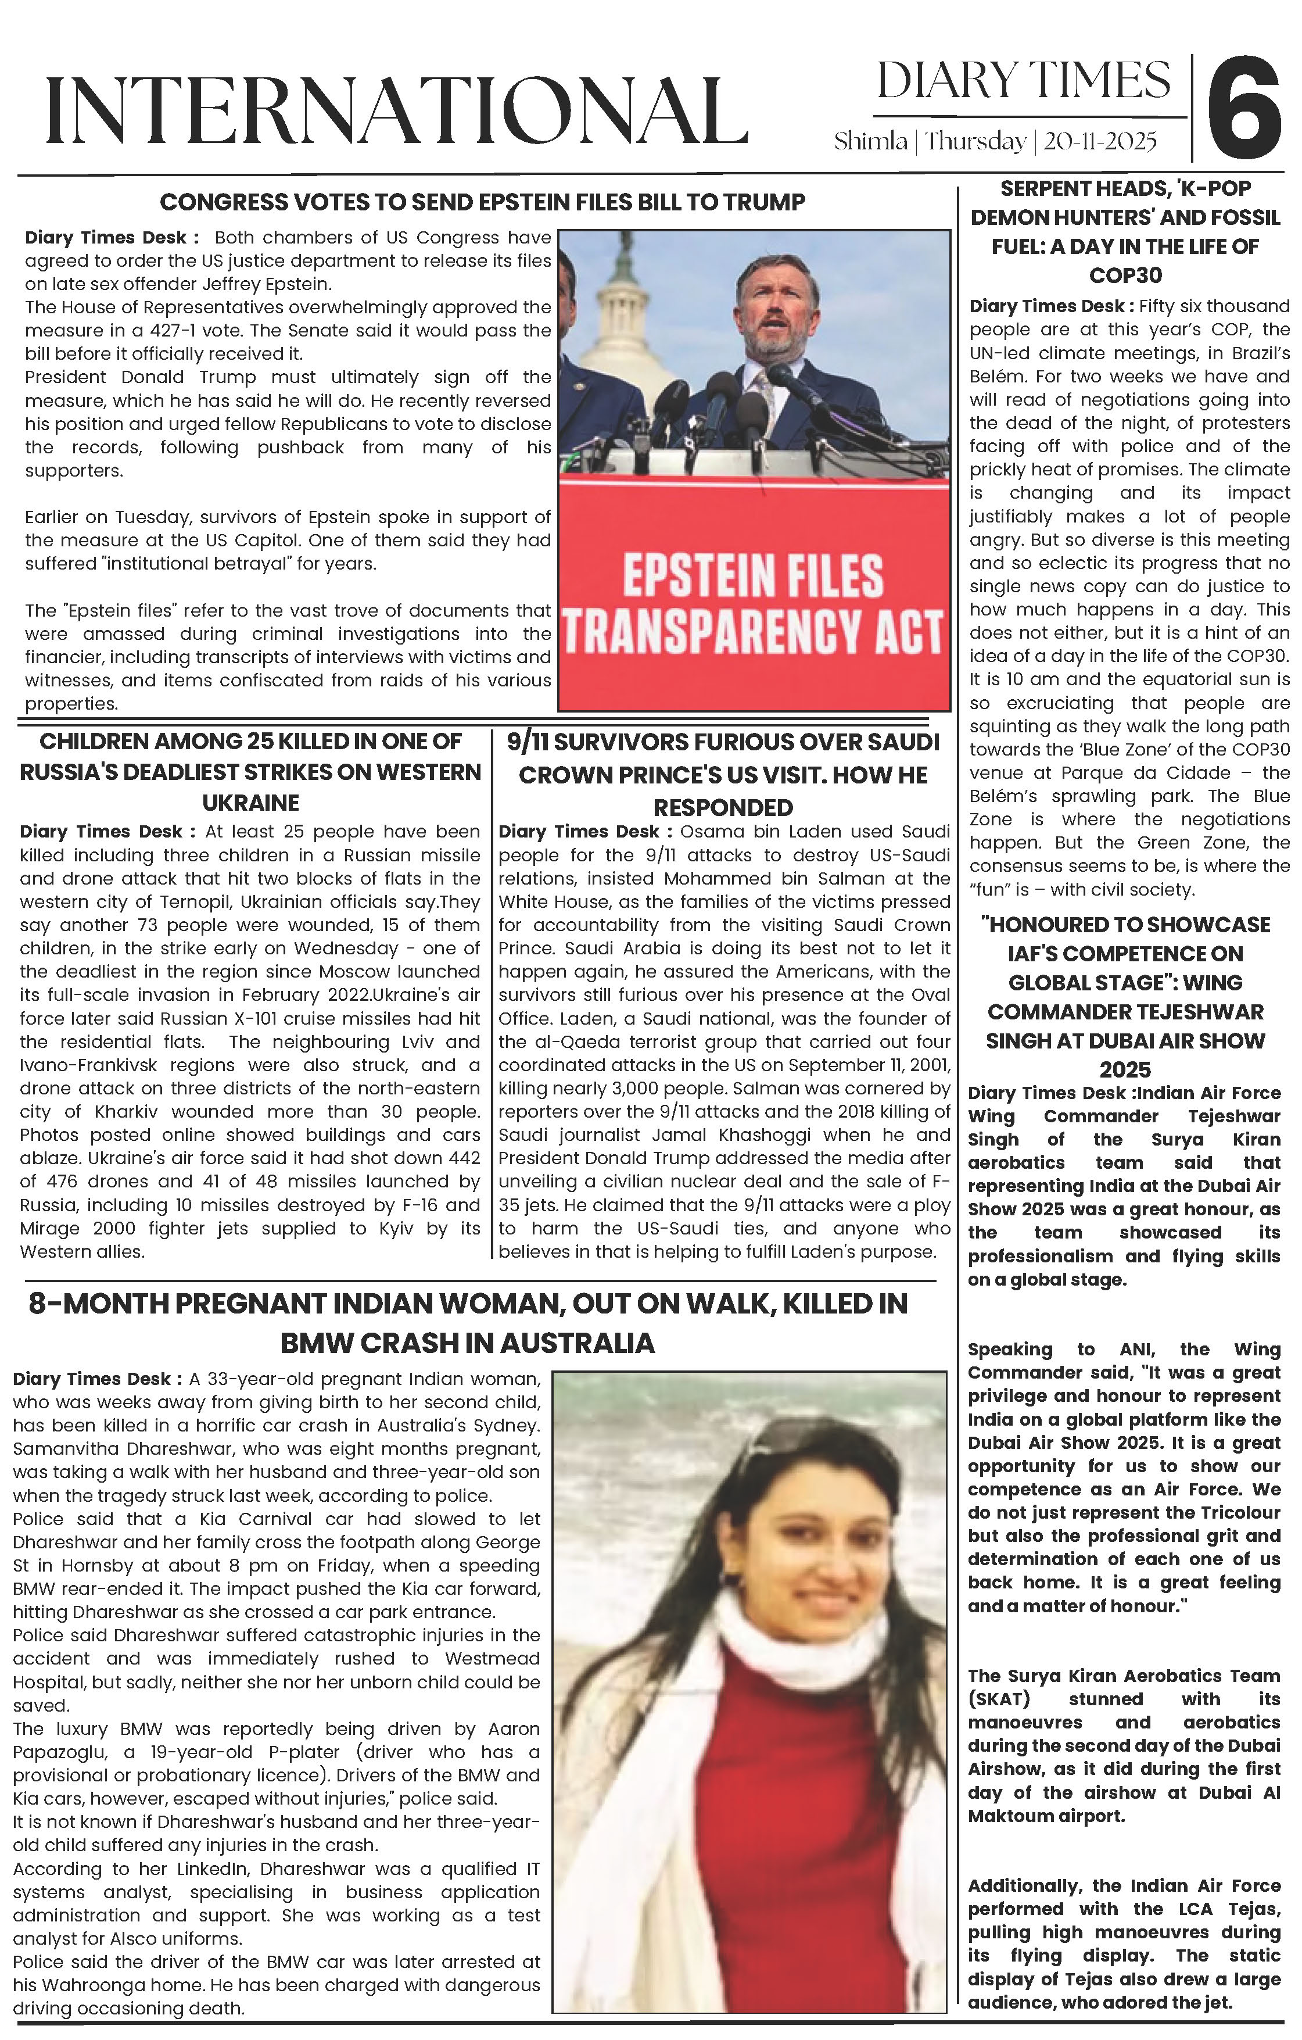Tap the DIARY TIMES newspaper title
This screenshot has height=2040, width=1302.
pyautogui.click(x=1023, y=81)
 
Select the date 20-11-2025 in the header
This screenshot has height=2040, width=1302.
pyautogui.click(x=1100, y=141)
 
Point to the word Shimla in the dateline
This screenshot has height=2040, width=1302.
pyautogui.click(x=870, y=141)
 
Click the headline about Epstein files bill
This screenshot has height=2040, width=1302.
pyautogui.click(x=482, y=202)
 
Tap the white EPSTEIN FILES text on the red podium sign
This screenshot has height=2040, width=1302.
pyautogui.click(x=753, y=576)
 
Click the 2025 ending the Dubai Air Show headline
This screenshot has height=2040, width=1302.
pyautogui.click(x=1124, y=1070)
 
